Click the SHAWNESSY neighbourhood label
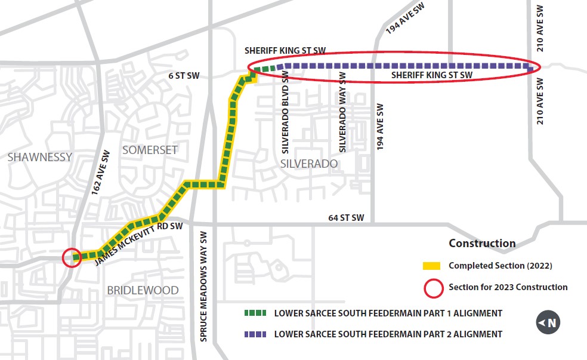(40, 157)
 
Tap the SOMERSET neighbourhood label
(150, 150)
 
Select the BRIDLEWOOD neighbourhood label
(143, 290)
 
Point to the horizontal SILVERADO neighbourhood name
(308, 164)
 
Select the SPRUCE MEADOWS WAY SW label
(203, 286)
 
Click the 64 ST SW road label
(346, 217)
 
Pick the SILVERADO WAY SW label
(342, 112)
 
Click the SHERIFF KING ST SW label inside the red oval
(431, 75)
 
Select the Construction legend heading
(481, 244)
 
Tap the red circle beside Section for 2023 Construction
(432, 288)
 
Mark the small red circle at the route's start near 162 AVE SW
(72, 258)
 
